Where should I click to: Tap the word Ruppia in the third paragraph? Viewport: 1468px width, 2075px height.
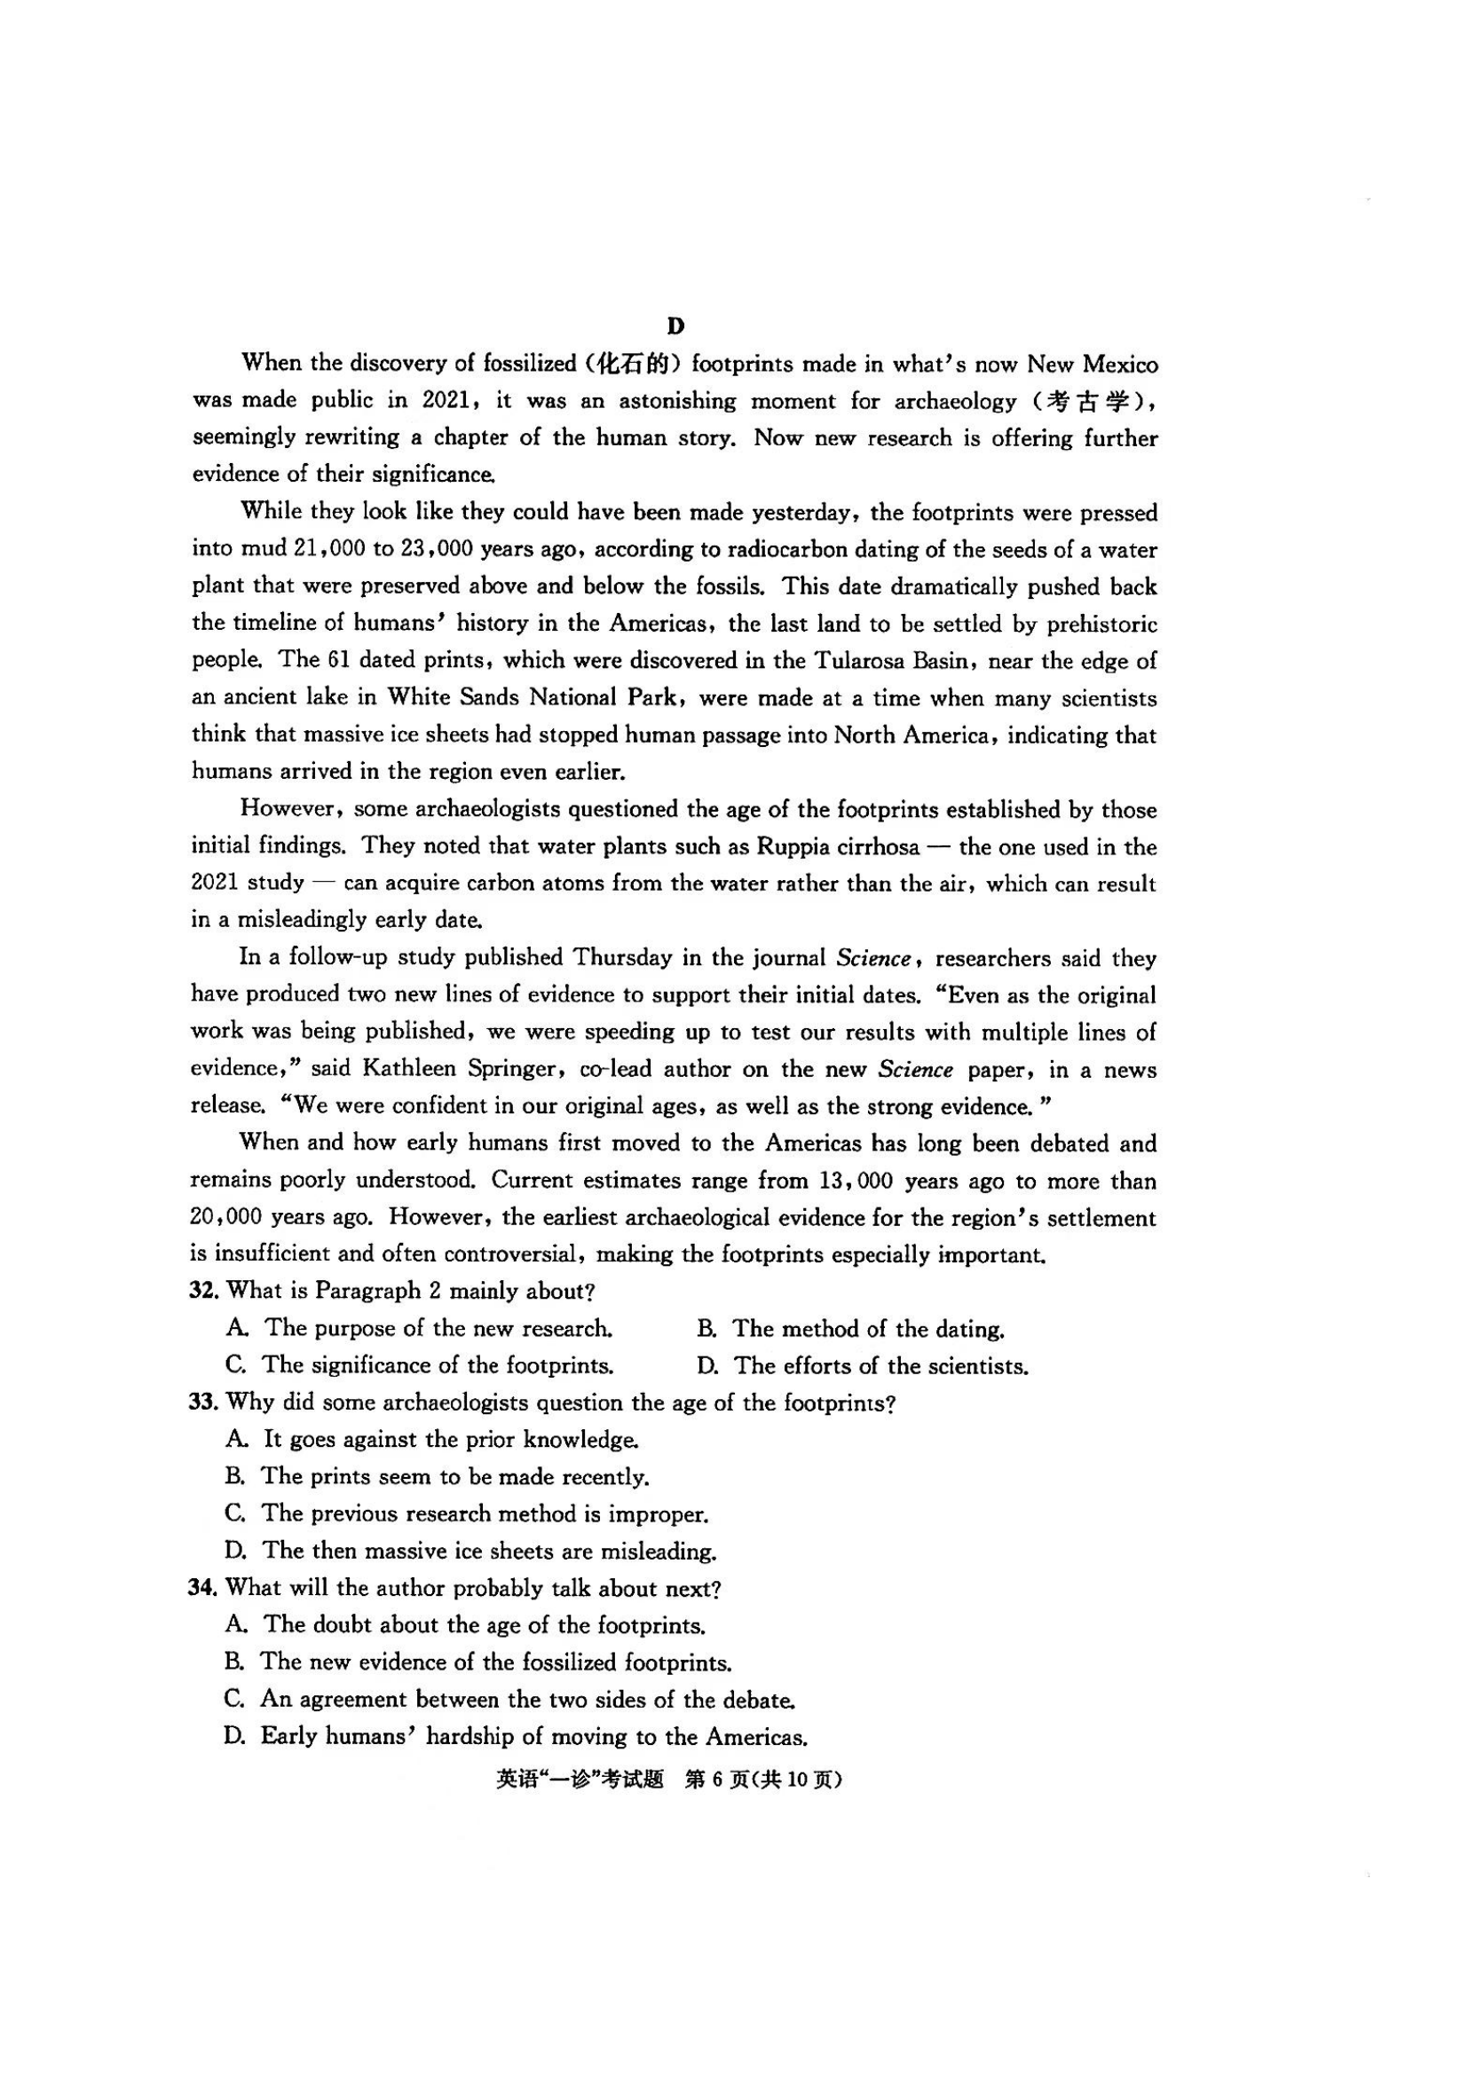click(791, 847)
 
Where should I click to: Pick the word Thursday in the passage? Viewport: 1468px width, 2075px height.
click(617, 958)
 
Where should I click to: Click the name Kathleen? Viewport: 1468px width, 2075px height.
click(408, 1069)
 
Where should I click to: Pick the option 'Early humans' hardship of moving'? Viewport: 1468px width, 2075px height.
click(533, 1736)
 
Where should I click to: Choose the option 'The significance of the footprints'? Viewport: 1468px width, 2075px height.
click(438, 1364)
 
